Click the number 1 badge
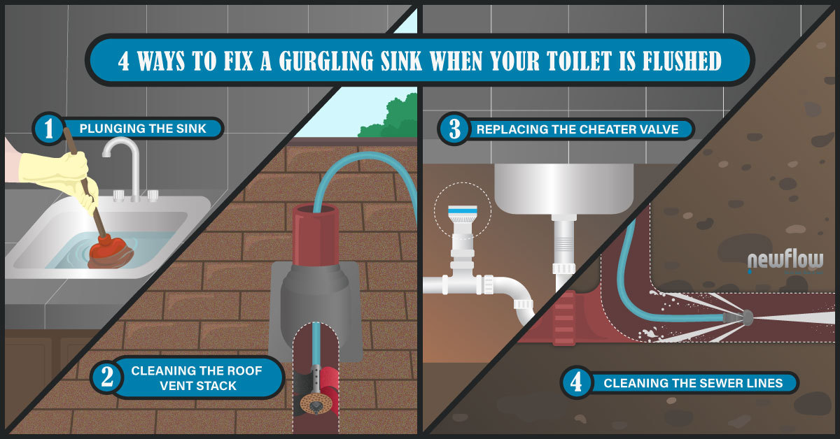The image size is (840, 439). pos(49,129)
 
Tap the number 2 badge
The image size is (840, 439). pos(107,377)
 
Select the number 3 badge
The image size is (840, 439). pos(454,129)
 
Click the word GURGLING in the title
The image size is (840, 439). pos(326,60)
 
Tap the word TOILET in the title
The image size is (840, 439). pos(579,60)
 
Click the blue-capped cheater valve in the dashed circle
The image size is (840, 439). pos(463,221)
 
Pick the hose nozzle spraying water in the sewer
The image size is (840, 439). pos(738,318)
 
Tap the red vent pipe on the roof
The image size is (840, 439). pos(316,235)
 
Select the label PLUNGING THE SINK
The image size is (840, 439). pos(143,129)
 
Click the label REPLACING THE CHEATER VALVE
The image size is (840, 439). pos(577,129)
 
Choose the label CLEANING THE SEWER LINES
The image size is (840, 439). pos(694,383)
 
